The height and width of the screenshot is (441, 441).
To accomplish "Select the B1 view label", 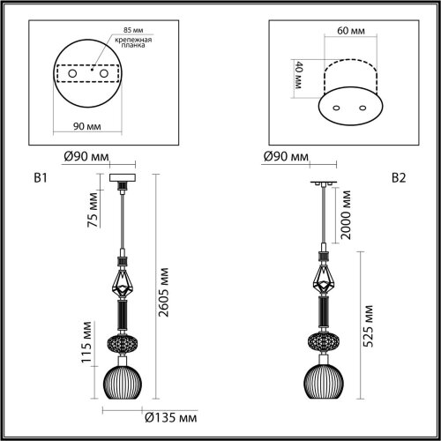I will (39, 177).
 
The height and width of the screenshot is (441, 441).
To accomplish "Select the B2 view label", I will (398, 177).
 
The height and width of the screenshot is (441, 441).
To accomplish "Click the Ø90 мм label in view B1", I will (86, 157).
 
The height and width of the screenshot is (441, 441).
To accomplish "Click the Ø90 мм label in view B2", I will (286, 157).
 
